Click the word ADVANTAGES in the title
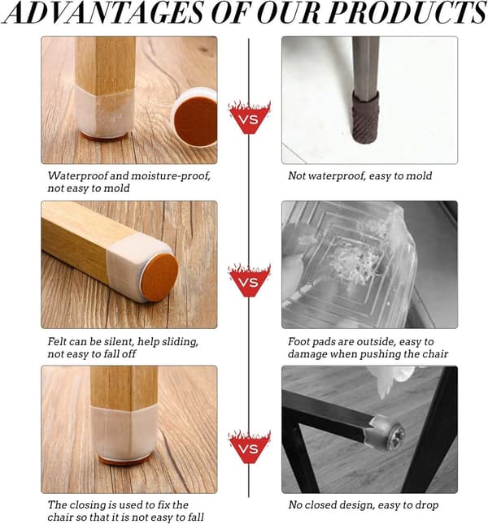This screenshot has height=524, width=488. pyautogui.click(x=104, y=13)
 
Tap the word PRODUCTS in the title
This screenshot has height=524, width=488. pyautogui.click(x=407, y=13)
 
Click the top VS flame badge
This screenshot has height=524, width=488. pyautogui.click(x=249, y=117)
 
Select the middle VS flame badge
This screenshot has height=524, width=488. pyautogui.click(x=249, y=280)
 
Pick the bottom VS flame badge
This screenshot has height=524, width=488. pyautogui.click(x=249, y=447)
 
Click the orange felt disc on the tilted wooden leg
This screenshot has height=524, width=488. pyautogui.click(x=160, y=276)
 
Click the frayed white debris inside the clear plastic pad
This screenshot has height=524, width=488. pyautogui.click(x=355, y=264)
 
